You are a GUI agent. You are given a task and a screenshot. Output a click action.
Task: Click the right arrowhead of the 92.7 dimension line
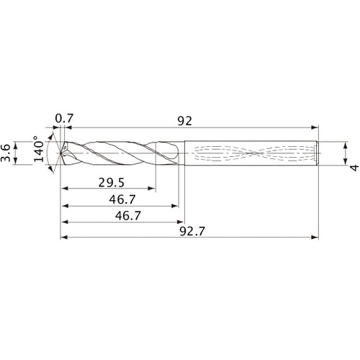(315, 238)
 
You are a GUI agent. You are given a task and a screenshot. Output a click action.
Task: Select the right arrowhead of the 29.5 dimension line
(151, 189)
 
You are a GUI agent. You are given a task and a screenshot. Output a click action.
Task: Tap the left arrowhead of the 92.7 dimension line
(63, 238)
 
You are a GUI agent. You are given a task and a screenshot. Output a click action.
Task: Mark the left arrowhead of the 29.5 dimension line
(63, 189)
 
